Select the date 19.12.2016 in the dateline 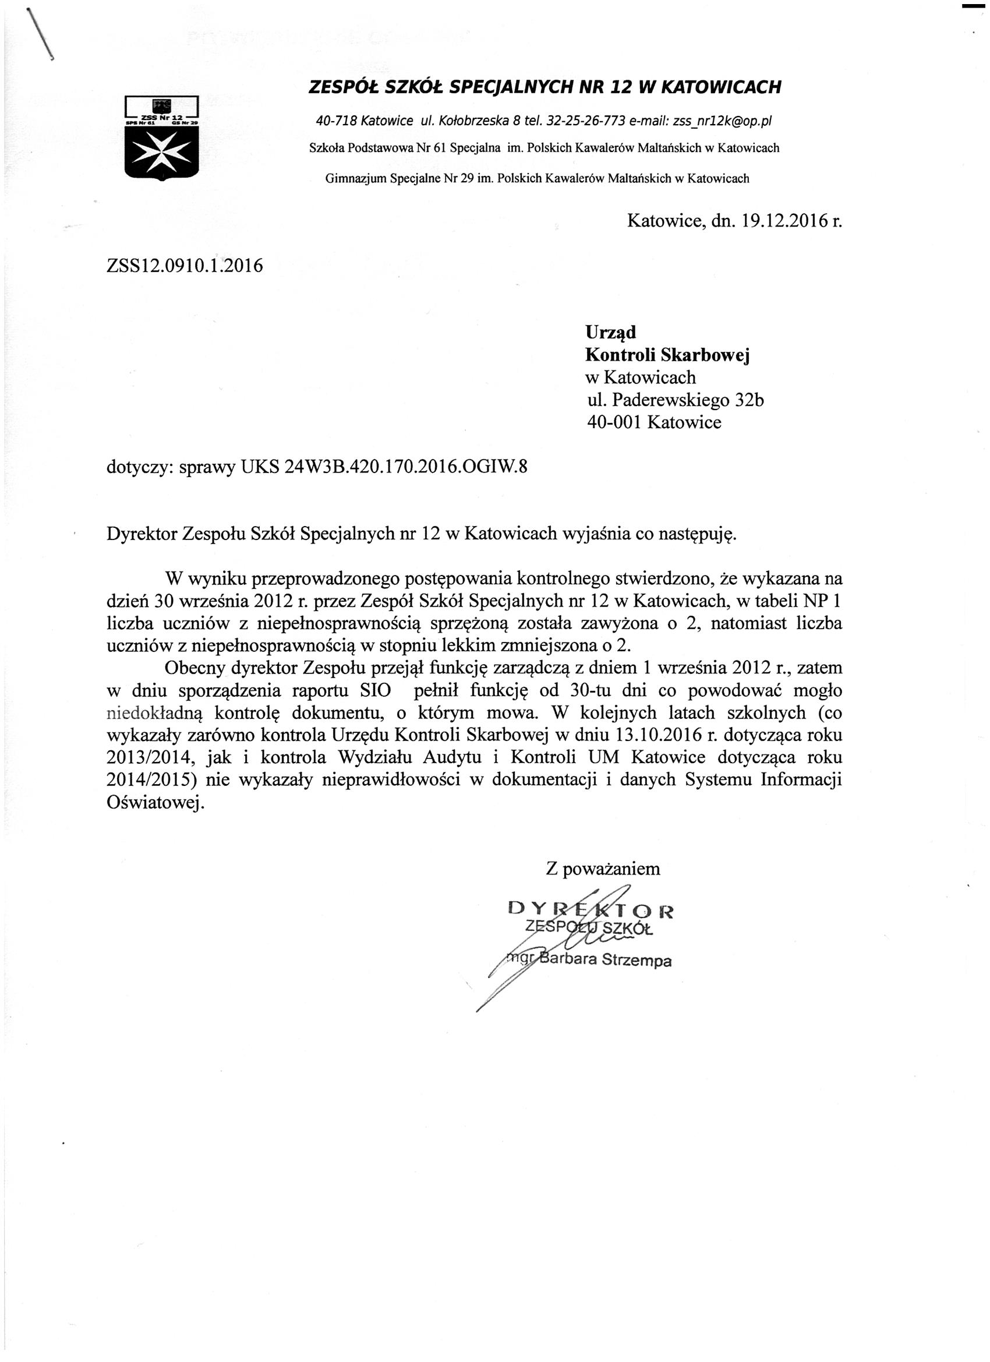(x=783, y=221)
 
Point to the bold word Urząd (x=610, y=332)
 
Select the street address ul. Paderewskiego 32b (x=676, y=400)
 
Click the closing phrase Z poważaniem (x=602, y=869)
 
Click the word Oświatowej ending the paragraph (x=155, y=802)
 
